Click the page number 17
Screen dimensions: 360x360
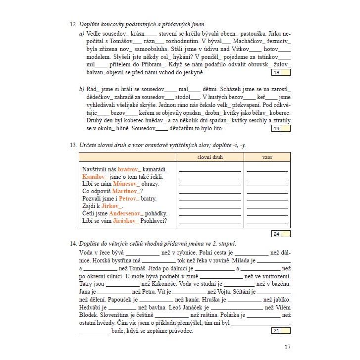tap(287, 347)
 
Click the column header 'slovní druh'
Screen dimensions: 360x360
tap(210, 157)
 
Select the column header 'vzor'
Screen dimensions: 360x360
tap(267, 157)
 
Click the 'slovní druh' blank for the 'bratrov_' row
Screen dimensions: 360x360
tap(210, 170)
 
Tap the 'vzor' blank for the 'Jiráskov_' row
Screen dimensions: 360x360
tap(267, 221)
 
